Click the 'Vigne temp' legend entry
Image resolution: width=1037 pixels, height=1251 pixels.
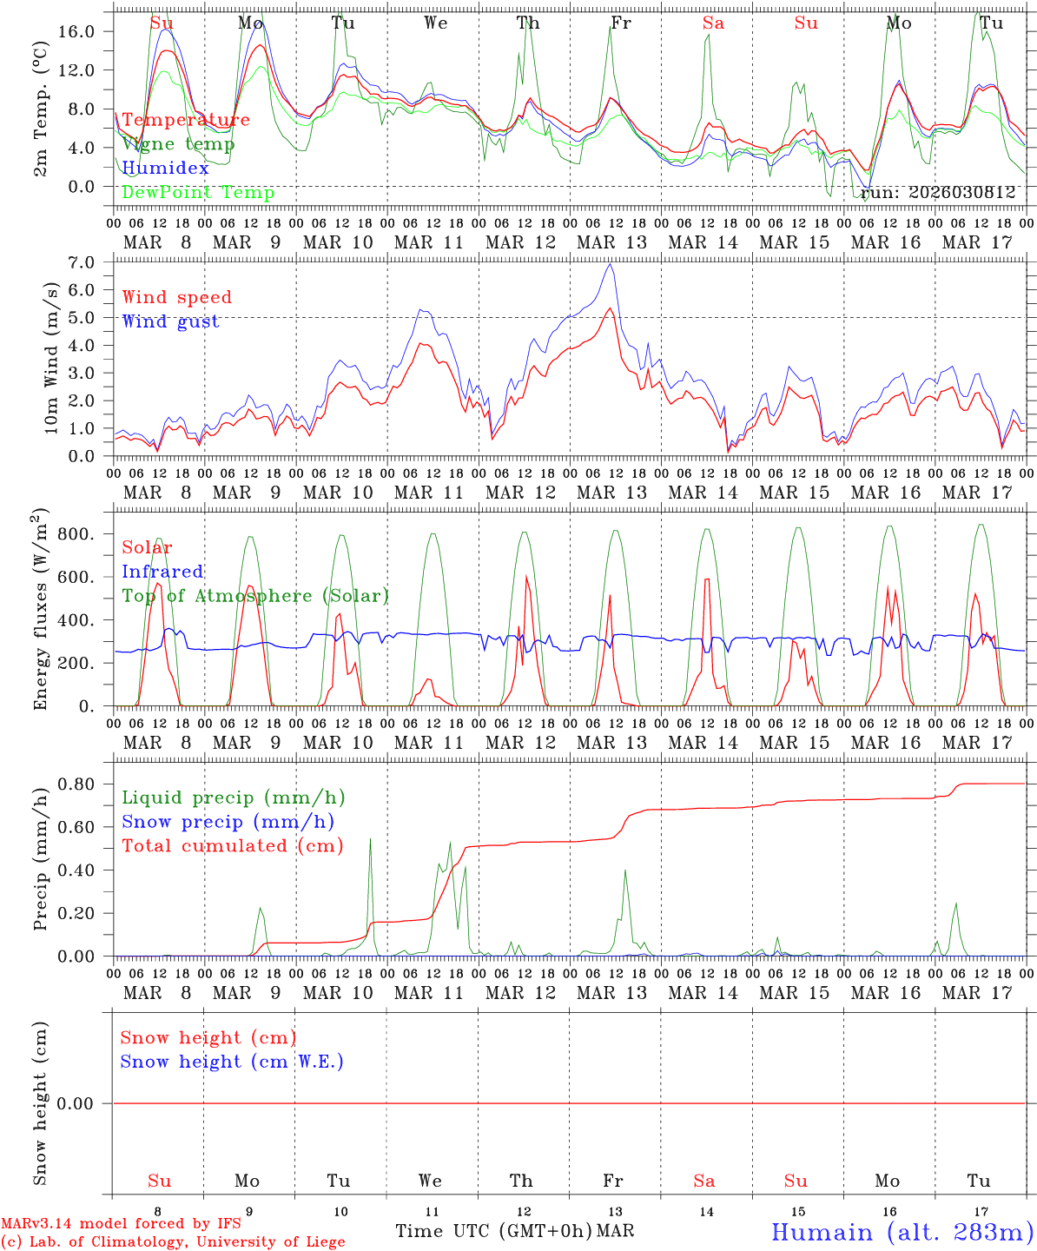pos(178,144)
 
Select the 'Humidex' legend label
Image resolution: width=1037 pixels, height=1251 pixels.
pos(165,169)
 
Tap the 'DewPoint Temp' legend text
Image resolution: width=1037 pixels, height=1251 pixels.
pos(198,193)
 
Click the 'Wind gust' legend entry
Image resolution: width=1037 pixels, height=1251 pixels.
pos(170,321)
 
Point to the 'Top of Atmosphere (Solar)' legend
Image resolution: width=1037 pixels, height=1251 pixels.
pos(255,596)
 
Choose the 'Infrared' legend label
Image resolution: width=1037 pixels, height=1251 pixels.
pos(162,572)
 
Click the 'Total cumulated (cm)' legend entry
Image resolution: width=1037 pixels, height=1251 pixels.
pos(232,845)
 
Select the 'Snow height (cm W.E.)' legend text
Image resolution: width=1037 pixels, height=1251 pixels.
pos(232,1062)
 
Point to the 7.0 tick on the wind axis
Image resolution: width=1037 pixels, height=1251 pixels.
pos(79,261)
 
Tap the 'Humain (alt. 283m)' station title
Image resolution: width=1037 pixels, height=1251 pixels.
pos(902,1232)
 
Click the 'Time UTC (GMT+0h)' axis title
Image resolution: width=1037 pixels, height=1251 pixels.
pos(494,1231)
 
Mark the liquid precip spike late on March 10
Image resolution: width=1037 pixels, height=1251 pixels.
pos(370,839)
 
